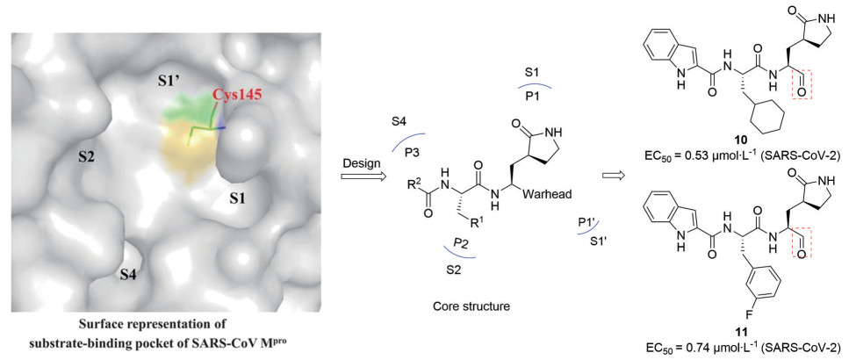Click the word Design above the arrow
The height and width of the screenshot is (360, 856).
[358, 164]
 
